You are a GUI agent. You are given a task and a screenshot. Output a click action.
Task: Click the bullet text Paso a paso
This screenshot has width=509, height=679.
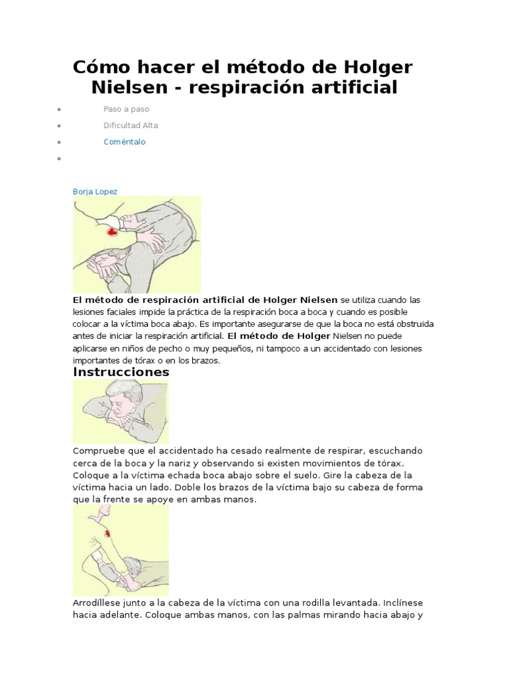tap(126, 109)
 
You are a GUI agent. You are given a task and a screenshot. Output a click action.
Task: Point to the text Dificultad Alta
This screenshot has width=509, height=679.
tap(131, 125)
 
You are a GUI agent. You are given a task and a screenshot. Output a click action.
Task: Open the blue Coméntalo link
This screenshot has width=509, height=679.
tap(125, 142)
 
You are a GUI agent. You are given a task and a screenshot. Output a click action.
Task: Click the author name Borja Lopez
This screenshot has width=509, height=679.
tap(95, 192)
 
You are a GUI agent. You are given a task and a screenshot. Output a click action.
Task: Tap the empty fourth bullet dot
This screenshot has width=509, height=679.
tap(60, 159)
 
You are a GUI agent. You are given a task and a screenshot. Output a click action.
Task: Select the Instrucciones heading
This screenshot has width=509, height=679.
tap(121, 372)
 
